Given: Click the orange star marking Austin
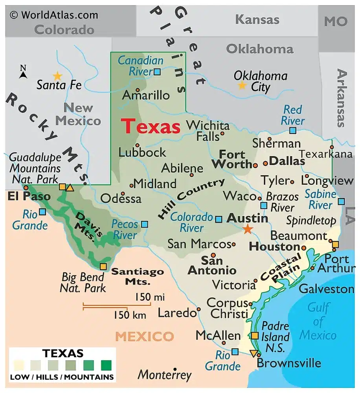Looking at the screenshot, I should (x=248, y=229).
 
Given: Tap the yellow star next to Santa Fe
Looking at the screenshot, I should (x=58, y=75).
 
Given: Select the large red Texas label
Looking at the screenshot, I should (x=151, y=127).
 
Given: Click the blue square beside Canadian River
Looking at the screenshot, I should (x=157, y=72).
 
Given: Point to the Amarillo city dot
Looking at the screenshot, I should (x=137, y=90).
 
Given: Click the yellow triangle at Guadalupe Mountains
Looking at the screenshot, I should (x=70, y=187).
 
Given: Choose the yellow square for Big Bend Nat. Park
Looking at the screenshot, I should (x=103, y=266).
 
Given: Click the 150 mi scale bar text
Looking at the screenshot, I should (x=149, y=297).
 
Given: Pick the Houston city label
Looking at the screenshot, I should (x=274, y=247).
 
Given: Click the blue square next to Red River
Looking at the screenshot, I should (x=293, y=130).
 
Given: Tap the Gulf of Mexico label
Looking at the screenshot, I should (x=318, y=321).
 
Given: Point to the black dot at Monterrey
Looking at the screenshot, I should (x=175, y=369).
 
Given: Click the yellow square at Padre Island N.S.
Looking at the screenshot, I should (x=255, y=335).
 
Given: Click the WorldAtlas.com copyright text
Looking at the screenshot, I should (x=54, y=15).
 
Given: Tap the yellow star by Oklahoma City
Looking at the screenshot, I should (x=242, y=85).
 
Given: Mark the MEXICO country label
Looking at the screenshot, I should (x=144, y=336).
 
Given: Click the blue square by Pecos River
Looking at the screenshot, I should (x=145, y=224).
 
